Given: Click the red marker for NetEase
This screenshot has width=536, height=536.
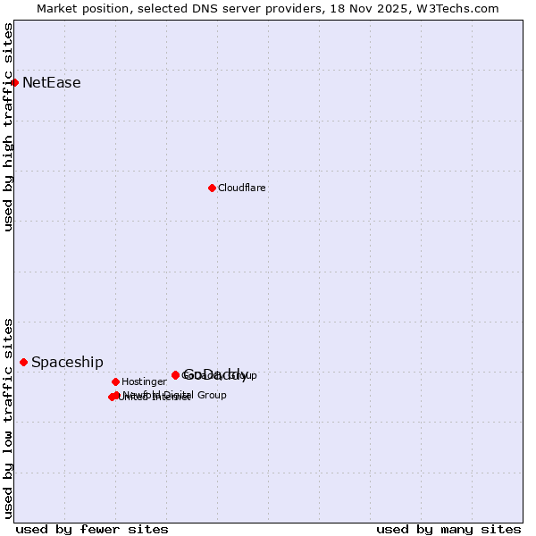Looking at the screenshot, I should click(14, 83).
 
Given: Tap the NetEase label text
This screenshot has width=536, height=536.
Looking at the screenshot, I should click(52, 83).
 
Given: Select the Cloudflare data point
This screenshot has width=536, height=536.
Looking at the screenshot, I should click(212, 188).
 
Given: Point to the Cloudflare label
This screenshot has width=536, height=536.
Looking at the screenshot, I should click(242, 188).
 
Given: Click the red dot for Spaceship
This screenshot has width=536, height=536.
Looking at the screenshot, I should click(23, 362).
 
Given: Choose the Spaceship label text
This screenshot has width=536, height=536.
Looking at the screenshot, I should click(67, 363).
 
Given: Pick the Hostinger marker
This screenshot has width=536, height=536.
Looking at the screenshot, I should click(115, 381).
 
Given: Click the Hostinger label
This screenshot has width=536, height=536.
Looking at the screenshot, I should click(144, 382).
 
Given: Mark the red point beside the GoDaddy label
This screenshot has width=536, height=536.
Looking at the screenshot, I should click(175, 375).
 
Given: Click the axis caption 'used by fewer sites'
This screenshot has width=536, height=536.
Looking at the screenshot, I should click(92, 529).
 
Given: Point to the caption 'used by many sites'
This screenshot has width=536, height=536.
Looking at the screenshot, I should click(448, 529).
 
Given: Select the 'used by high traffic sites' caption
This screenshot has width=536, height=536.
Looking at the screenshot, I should click(9, 127).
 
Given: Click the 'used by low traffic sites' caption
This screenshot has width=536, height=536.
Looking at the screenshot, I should click(9, 418).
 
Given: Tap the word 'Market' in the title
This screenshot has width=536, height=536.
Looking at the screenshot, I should click(58, 8).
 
